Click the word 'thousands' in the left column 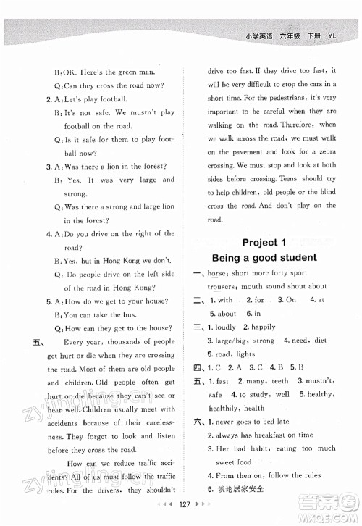(x=132, y=341)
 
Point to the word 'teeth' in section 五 (x=279, y=381)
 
